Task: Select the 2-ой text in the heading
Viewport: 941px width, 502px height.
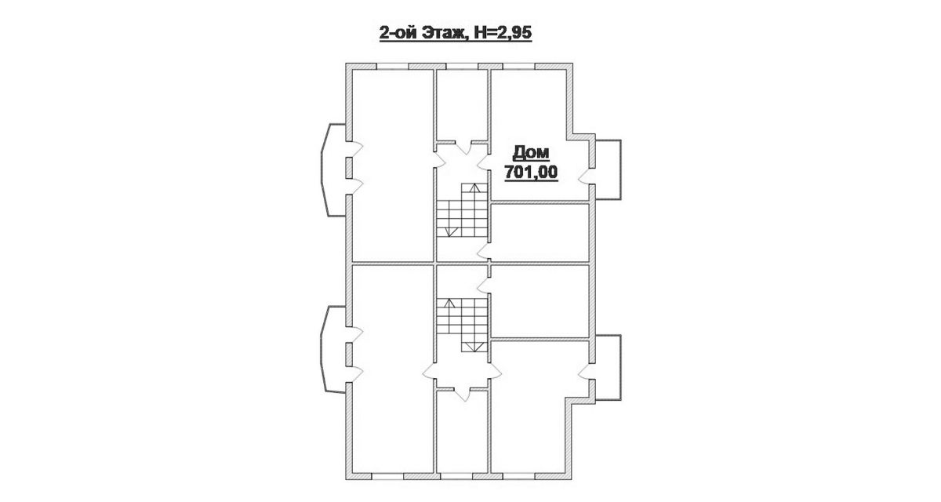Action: pos(398,33)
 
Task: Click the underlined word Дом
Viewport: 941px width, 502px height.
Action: pos(531,153)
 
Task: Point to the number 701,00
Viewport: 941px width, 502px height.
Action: pos(531,173)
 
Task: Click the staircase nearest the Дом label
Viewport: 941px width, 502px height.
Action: pos(462,210)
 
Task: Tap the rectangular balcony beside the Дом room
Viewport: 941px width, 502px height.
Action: pos(609,169)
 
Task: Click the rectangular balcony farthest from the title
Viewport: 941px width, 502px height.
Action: pos(609,368)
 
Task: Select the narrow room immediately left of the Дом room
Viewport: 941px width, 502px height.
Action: pos(462,104)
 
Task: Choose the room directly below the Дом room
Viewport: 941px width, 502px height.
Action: pos(540,232)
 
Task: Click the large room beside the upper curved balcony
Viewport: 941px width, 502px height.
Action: pos(392,165)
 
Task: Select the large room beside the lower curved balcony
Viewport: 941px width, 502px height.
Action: pos(392,369)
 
